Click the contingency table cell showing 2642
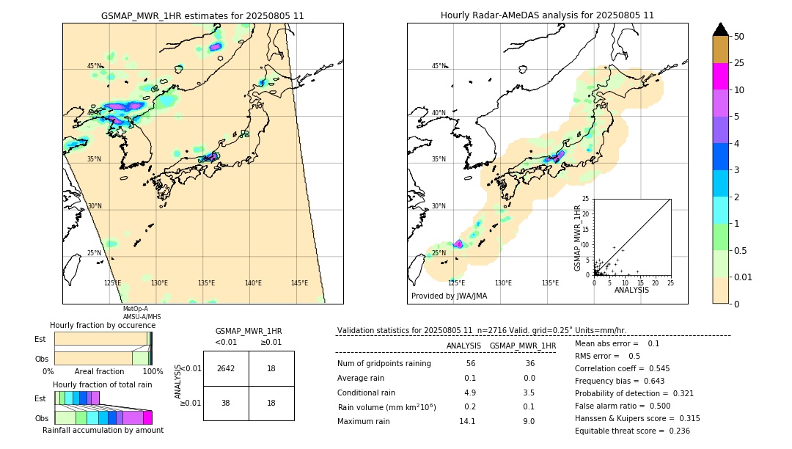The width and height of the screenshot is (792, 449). point(226,368)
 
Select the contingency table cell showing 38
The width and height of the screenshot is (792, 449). point(226,402)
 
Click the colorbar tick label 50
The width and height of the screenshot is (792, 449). point(739,37)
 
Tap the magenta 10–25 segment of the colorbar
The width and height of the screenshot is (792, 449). point(720,76)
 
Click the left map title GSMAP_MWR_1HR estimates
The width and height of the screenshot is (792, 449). point(202,15)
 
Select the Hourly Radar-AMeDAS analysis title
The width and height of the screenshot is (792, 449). point(547,15)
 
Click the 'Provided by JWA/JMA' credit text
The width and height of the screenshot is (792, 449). point(449,296)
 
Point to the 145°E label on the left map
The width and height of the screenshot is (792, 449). point(299,283)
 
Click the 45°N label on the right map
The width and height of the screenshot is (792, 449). point(439,66)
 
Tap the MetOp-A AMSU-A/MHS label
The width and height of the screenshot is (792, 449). point(142,313)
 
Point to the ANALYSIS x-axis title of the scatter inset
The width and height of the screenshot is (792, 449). point(631,290)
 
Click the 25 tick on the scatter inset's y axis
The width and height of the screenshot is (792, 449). point(586,199)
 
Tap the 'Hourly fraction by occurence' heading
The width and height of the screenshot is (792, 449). point(103,325)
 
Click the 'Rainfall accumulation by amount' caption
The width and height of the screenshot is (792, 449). point(103,430)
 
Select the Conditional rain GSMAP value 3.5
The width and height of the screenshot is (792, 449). point(529,393)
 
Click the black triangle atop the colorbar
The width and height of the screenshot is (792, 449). point(720,29)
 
